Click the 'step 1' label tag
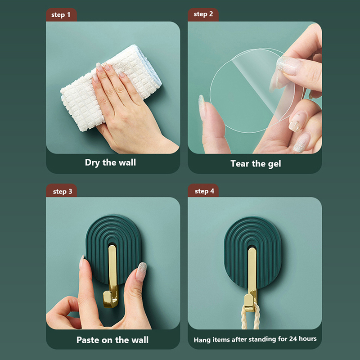coord(61,15)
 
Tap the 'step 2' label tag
coord(203,14)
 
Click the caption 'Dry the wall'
coord(110,163)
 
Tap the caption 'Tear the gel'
coord(256,164)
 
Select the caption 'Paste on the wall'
coord(112,340)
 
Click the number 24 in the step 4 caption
coord(293,339)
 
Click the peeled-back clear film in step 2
coord(264,81)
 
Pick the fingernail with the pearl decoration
coord(296,121)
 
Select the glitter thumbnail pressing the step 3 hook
coord(141,271)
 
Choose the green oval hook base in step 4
coord(252,250)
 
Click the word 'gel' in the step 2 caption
coord(274,164)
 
